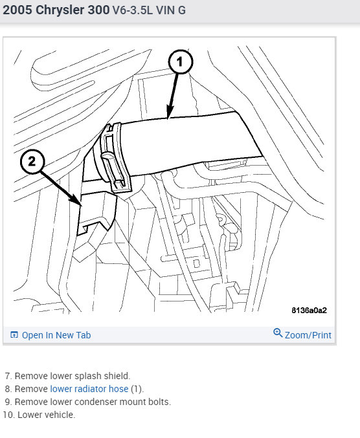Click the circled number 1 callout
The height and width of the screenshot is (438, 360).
181,61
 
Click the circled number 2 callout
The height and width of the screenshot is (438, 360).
32,162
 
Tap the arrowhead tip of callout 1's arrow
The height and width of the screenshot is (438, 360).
168,119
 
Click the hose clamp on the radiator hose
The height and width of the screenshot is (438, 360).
114,158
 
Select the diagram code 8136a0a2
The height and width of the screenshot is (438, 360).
309,311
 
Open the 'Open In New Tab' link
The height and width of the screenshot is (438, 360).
56,335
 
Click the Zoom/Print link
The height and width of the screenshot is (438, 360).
308,335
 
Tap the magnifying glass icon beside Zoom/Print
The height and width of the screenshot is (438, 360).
278,333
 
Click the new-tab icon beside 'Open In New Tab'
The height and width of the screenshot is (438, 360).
14,334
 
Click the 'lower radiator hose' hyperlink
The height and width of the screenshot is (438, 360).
89,389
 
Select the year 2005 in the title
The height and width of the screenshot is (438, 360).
17,10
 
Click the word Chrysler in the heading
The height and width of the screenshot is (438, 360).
60,10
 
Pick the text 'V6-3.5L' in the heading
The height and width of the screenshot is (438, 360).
133,10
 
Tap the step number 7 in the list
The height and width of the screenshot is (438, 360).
8,376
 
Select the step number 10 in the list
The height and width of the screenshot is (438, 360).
8,415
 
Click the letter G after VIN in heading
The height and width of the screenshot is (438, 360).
182,10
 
